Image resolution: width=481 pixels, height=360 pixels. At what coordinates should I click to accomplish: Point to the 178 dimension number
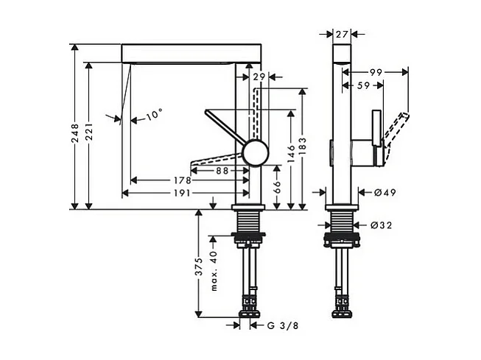click(183, 180)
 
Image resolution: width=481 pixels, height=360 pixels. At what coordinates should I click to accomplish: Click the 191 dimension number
click(183, 193)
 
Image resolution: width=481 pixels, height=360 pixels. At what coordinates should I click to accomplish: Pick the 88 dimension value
click(220, 170)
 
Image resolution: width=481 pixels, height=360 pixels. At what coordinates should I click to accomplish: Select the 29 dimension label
click(258, 77)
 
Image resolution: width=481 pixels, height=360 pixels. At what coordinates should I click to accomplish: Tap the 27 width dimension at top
click(341, 34)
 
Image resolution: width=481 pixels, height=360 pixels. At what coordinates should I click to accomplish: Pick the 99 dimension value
click(376, 72)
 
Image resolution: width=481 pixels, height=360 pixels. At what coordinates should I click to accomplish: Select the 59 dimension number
click(363, 85)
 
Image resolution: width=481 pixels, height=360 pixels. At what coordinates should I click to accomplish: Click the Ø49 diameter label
click(385, 193)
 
